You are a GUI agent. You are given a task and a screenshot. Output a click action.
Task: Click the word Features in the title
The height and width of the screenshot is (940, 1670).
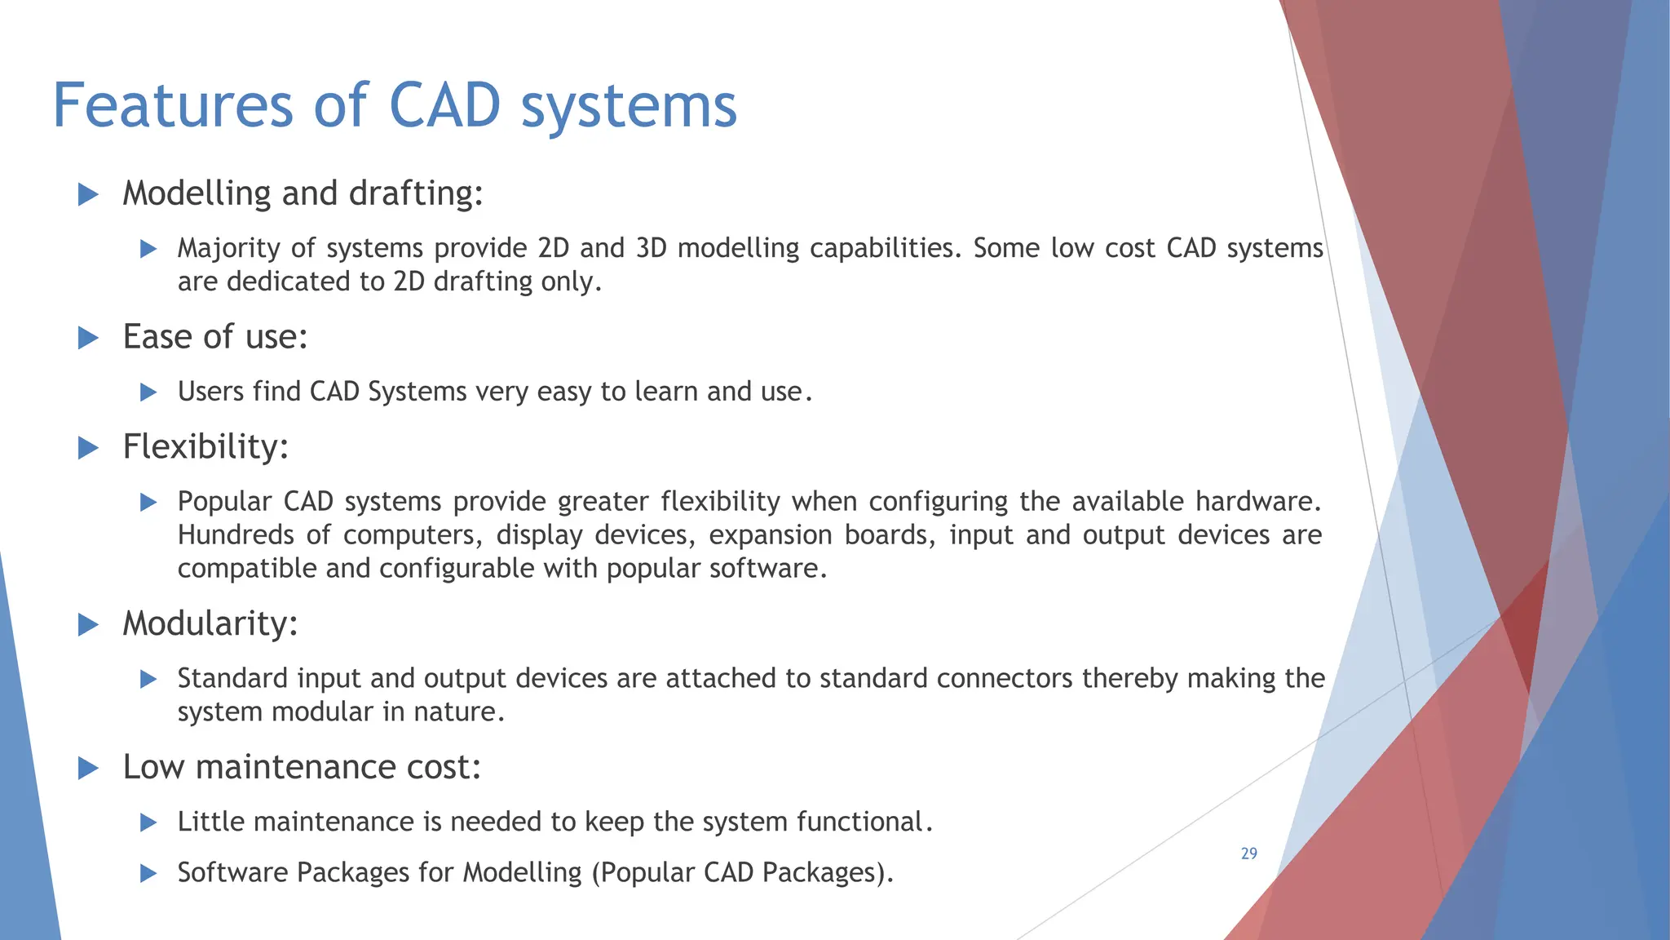coord(172,106)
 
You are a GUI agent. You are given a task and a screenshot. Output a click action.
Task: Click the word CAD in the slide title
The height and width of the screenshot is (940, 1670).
coord(444,106)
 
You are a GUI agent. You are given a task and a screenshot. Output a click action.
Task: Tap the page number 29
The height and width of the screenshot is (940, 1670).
coord(1248,854)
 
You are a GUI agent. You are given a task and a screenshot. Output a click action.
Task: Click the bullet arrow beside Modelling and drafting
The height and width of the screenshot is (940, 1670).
coord(88,194)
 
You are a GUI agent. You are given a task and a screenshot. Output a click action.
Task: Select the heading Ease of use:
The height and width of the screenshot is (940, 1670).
coord(215,337)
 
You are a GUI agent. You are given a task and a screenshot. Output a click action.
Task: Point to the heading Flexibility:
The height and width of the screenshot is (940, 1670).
coord(205,447)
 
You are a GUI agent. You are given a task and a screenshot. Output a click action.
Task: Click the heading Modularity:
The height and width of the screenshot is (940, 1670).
coord(210,624)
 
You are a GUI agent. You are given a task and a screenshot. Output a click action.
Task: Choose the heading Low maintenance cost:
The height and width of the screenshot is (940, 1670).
coord(302,767)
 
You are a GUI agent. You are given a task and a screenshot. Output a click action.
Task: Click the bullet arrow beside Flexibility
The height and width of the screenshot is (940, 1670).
coord(88,448)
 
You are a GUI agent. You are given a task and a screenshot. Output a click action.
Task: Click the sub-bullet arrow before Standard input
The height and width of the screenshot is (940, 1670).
coord(148,679)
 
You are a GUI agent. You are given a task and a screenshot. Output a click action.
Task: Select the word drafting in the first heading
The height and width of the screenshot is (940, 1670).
coord(414,194)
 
